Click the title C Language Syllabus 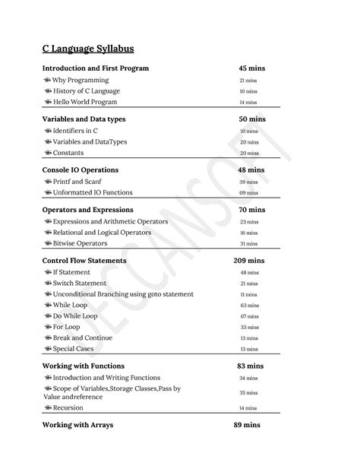(x=88, y=49)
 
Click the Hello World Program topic (x=85, y=102)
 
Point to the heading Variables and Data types (x=84, y=119)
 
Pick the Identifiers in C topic (x=75, y=131)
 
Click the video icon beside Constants (x=47, y=153)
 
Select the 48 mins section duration (x=250, y=170)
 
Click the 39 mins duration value (x=248, y=182)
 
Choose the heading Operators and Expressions (x=88, y=210)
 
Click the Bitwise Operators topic (x=80, y=243)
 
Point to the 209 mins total (x=250, y=261)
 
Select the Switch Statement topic (x=80, y=283)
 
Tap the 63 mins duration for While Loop (x=248, y=305)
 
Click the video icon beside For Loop (x=47, y=327)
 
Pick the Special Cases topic (x=74, y=349)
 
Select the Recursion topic (x=68, y=407)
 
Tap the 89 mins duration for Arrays (x=248, y=425)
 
